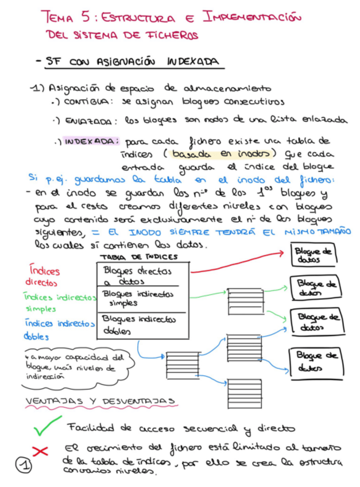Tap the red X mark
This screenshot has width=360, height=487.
40,451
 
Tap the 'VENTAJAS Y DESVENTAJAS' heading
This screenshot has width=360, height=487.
100,400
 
